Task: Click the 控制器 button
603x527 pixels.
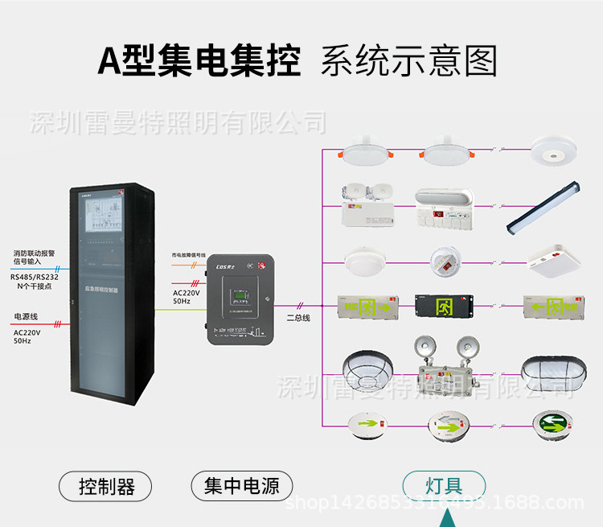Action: (x=106, y=486)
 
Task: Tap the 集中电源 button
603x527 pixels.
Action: (x=241, y=486)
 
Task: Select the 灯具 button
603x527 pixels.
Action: (x=444, y=486)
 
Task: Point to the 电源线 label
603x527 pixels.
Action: (x=26, y=316)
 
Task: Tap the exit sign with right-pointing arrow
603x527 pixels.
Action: (x=367, y=307)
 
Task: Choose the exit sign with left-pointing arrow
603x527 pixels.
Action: (x=552, y=307)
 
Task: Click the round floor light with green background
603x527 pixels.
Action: (x=551, y=422)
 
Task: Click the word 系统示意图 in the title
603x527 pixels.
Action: (x=408, y=61)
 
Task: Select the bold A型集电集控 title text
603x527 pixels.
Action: (x=199, y=61)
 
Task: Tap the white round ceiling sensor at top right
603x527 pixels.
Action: (x=552, y=150)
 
